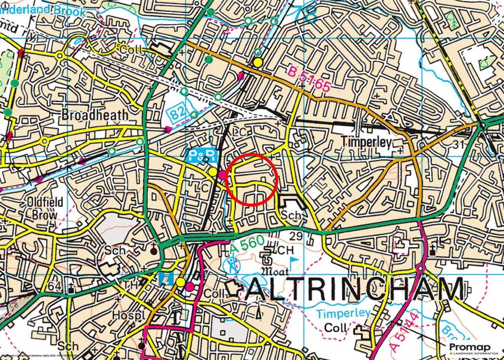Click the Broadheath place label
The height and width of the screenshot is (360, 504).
pyautogui.click(x=94, y=115)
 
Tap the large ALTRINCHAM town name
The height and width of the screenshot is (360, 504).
pyautogui.click(x=353, y=290)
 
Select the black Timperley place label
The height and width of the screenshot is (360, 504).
pyautogui.click(x=366, y=143)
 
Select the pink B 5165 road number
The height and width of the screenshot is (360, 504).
pyautogui.click(x=309, y=80)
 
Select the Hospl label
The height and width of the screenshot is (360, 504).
pyautogui.click(x=123, y=316)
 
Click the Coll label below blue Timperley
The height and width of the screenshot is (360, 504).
pyautogui.click(x=335, y=328)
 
